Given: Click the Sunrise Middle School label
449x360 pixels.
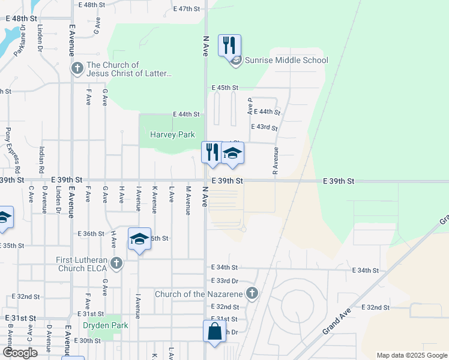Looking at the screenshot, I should (x=286, y=60).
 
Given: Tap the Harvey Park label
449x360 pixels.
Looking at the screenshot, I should (x=172, y=134).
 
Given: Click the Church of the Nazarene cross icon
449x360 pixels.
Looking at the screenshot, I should (x=253, y=293).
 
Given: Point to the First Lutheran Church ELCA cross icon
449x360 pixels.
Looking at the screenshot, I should (x=116, y=263).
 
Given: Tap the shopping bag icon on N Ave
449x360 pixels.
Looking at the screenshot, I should (x=214, y=331).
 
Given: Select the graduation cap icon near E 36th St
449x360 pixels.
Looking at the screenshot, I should (x=139, y=239).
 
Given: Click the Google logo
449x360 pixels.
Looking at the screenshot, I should (x=20, y=352).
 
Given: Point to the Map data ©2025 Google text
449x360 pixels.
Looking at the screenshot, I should (x=411, y=355).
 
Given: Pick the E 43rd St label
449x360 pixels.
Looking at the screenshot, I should (x=266, y=128).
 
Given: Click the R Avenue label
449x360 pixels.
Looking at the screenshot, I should (x=276, y=160).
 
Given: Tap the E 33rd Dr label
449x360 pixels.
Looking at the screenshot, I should (x=225, y=281).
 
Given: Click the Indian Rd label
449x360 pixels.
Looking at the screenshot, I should (x=43, y=160).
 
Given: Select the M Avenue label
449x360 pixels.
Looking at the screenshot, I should (x=188, y=200).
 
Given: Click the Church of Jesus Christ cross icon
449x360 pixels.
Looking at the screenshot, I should (x=77, y=68).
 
